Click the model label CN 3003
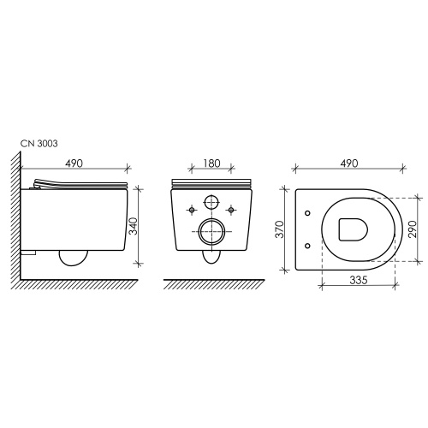click(39, 144)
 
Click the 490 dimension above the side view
click(74, 163)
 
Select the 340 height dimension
click(133, 226)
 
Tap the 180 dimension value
click(211, 163)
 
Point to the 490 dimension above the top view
click(349, 163)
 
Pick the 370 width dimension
click(278, 229)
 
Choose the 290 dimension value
click(413, 229)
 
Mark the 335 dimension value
click(359, 281)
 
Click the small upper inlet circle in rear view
click(211, 202)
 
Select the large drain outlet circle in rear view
click(211, 231)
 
